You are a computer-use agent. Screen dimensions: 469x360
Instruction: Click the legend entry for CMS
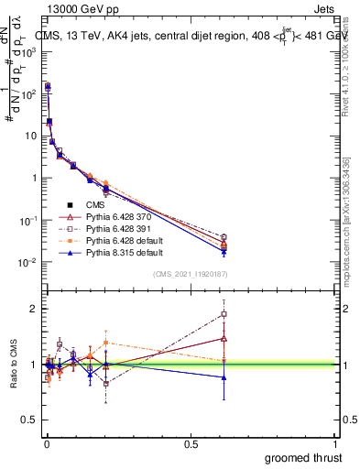point(94,204)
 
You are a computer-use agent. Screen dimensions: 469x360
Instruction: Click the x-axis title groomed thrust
point(304,457)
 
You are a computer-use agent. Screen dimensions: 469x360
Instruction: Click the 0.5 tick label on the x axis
point(191,443)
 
